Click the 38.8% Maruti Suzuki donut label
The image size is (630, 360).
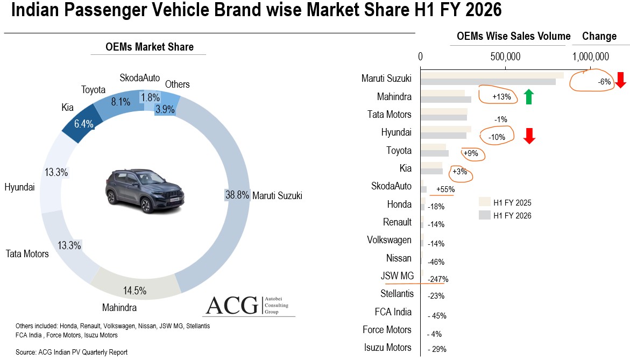click(x=237, y=195)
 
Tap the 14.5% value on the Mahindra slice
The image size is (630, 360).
click(x=135, y=291)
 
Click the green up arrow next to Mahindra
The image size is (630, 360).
click(x=529, y=97)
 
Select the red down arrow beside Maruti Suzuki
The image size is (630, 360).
click(x=620, y=80)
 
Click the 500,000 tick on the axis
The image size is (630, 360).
click(x=505, y=57)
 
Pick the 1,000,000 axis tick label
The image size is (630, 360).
click(x=590, y=57)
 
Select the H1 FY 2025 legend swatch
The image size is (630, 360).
click(x=484, y=202)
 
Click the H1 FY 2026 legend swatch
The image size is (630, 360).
click(x=484, y=215)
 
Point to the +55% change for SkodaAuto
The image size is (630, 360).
click(x=445, y=189)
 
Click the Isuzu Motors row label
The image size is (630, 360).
click(x=387, y=347)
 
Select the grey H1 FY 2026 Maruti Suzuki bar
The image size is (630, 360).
click(x=487, y=82)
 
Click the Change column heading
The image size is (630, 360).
click(x=599, y=36)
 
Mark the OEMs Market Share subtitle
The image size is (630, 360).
click(x=150, y=47)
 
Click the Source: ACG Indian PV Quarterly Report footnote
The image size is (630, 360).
click(x=72, y=352)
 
